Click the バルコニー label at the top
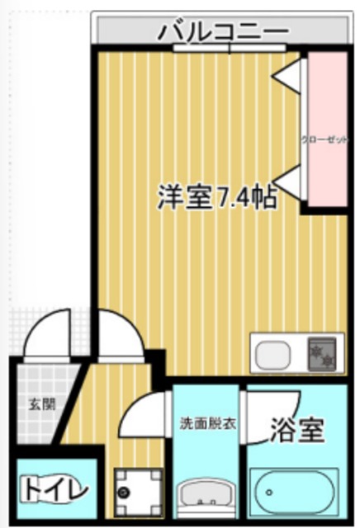coord(223,31)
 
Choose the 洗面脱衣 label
coord(208,425)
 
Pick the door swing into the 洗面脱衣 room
coord(144,417)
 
